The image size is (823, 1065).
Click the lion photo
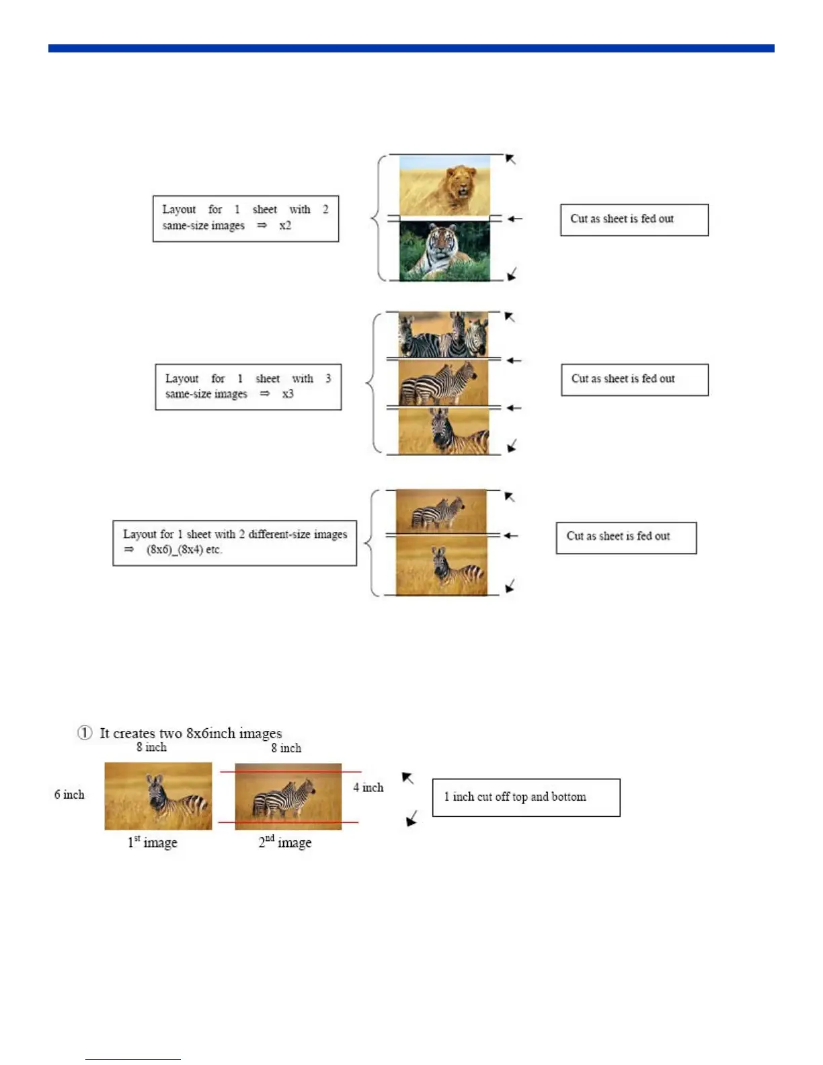444,186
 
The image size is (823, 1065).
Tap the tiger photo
444,251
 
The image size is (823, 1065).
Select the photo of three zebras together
443,335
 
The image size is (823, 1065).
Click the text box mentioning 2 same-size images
245,219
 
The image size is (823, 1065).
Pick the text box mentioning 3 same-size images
248,387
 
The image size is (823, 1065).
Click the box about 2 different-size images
235,543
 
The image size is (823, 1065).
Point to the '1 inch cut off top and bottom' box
526,797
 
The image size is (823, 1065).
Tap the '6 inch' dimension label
69,795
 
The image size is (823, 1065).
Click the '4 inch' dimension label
368,787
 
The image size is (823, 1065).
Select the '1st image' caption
153,842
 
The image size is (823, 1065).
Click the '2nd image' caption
285,842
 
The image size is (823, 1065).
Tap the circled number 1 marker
85,733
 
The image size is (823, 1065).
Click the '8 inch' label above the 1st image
151,748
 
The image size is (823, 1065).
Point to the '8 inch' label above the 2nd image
286,748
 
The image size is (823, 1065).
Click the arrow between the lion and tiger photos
514,219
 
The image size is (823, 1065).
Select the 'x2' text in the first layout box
285,226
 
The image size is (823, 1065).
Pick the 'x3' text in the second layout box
288,394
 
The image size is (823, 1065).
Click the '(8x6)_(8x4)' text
174,550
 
